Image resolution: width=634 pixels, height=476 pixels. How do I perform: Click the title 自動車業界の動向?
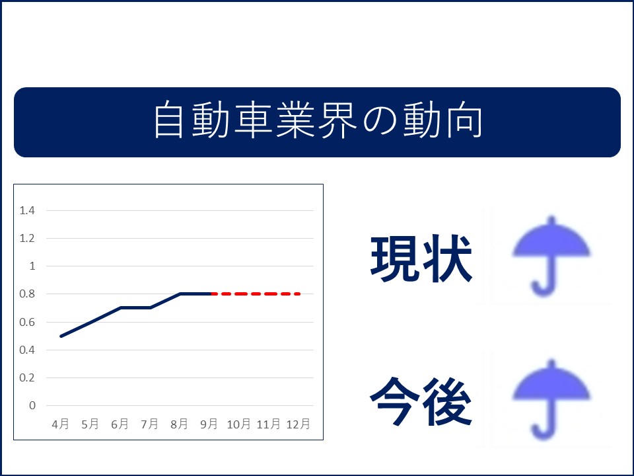318,120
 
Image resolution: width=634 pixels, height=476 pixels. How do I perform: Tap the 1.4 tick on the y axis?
27,210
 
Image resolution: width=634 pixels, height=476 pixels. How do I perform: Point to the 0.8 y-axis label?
27,294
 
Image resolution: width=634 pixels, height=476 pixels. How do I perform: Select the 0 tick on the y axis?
32,405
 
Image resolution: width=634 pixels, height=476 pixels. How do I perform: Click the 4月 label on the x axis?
60,424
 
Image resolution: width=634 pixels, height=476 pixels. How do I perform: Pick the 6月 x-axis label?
120,424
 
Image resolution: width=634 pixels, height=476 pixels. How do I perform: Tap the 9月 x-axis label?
209,424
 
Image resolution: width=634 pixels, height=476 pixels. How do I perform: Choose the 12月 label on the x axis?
298,424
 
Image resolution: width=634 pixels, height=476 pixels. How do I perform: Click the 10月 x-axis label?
238,424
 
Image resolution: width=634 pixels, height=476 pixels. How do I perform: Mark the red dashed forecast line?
256,294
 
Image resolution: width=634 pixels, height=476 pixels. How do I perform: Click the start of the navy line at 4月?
61,336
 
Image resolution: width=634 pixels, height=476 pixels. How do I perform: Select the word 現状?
421,258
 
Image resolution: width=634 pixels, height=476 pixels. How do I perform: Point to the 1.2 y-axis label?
27,238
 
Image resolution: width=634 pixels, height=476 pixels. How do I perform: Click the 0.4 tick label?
27,350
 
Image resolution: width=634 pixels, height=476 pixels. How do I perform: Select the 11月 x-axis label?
269,424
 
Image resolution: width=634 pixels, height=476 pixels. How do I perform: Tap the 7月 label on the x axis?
149,424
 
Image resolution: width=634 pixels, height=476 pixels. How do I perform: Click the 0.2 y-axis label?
27,377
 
